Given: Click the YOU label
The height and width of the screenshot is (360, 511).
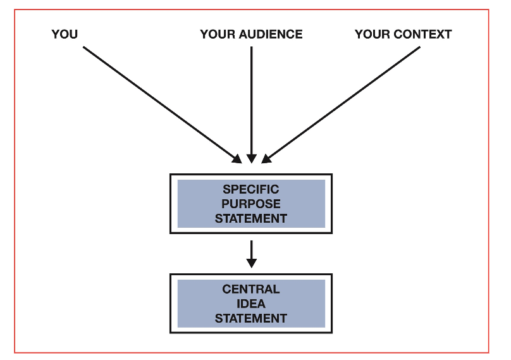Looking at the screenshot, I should click(65, 35).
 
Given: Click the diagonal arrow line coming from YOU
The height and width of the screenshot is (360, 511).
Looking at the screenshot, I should click(158, 102).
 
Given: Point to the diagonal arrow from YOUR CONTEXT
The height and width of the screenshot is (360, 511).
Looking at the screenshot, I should click(345, 102).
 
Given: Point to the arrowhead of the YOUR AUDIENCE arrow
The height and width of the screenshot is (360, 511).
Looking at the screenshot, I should click(251, 159).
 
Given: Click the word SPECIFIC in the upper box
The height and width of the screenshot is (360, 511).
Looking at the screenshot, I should click(250, 190).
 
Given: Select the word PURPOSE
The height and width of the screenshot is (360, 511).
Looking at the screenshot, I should click(250, 204).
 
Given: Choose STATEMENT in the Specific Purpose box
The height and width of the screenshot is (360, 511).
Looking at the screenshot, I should click(250, 218).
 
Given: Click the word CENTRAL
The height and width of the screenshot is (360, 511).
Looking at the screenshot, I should click(250, 289).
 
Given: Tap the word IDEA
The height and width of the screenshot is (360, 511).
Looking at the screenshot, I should click(250, 304).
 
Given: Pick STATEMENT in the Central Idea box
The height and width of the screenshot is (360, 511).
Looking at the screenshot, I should click(250, 318).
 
